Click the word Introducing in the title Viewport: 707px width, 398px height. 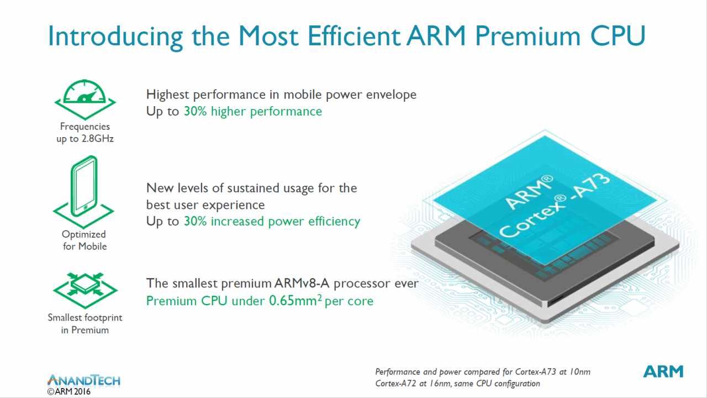tap(115, 36)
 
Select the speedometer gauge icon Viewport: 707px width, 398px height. tap(85, 99)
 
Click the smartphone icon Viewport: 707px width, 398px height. tap(83, 192)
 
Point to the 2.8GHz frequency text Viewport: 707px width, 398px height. tap(98, 139)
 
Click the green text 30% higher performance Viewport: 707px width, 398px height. tap(253, 112)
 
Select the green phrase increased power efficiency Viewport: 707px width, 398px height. tap(286, 222)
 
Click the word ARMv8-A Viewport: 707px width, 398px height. tap(302, 284)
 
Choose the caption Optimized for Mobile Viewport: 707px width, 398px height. tap(85, 240)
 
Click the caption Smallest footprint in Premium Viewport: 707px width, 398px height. tap(85, 324)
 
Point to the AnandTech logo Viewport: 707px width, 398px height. tap(84, 380)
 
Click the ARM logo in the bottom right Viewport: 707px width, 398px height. tap(663, 371)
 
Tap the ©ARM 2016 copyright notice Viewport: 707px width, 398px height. tap(69, 392)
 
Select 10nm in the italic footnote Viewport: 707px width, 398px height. tap(579, 372)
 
